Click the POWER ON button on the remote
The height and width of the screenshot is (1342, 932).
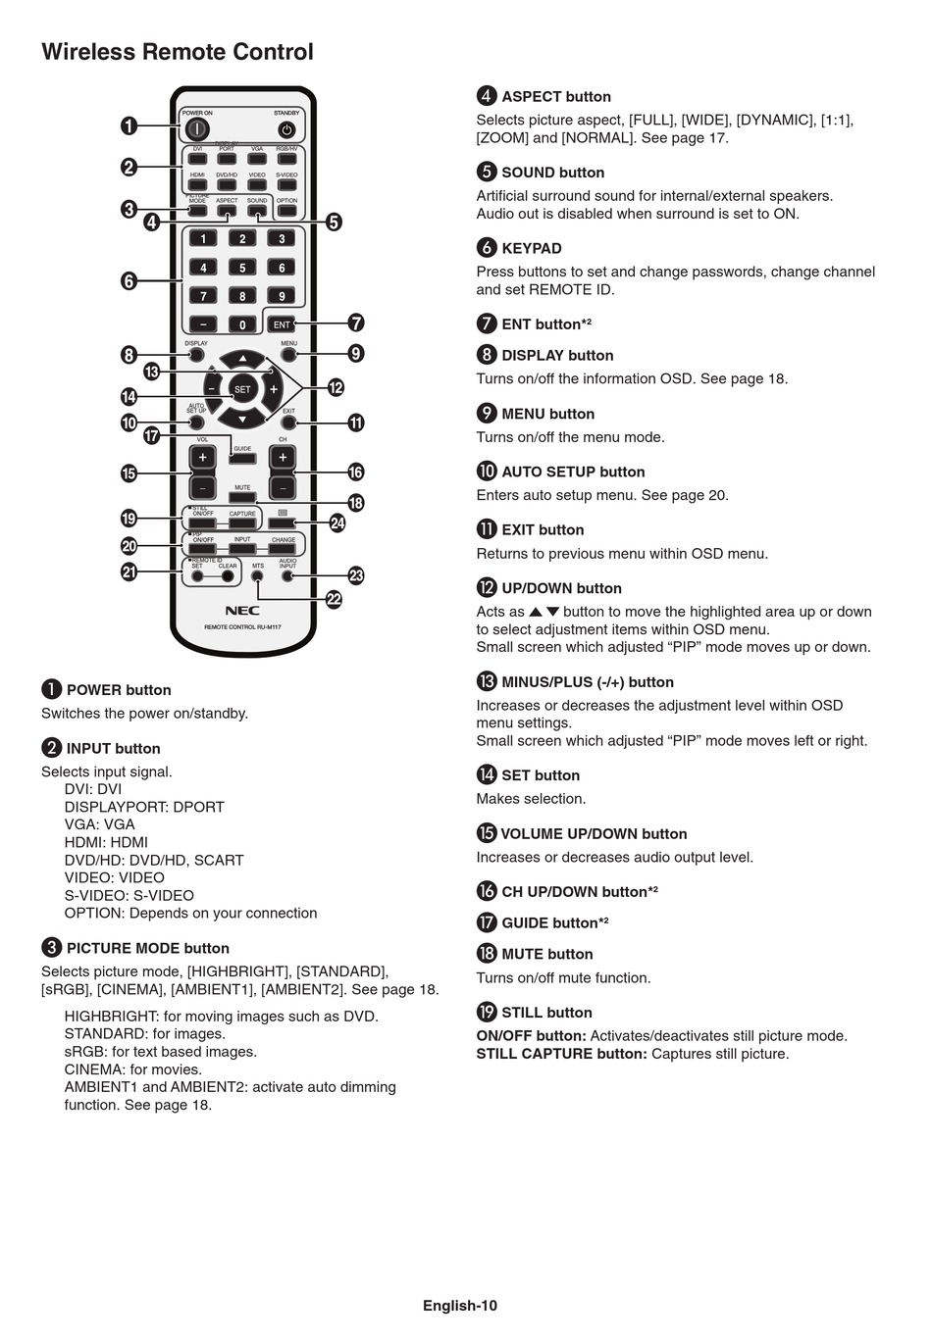pyautogui.click(x=196, y=128)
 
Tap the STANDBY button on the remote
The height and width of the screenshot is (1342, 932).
pyautogui.click(x=286, y=129)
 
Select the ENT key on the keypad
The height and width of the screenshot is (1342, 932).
pyautogui.click(x=282, y=324)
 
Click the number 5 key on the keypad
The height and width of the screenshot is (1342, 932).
pyautogui.click(x=242, y=268)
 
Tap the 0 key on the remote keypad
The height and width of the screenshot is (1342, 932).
pyautogui.click(x=242, y=324)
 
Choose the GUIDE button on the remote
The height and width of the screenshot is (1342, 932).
pyautogui.click(x=242, y=458)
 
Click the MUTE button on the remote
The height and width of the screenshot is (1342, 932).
pyautogui.click(x=242, y=497)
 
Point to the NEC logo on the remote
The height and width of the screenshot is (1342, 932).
pyautogui.click(x=242, y=611)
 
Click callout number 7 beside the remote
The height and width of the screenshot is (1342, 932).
pyautogui.click(x=356, y=323)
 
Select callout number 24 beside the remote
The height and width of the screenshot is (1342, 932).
pyautogui.click(x=337, y=523)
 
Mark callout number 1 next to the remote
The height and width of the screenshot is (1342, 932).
pyautogui.click(x=129, y=125)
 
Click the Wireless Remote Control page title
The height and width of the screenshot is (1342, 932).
pyautogui.click(x=178, y=52)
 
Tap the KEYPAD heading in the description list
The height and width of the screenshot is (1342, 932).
pyautogui.click(x=531, y=248)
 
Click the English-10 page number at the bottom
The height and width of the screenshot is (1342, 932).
pyautogui.click(x=460, y=1305)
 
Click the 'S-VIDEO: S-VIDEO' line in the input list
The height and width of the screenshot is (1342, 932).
pyautogui.click(x=129, y=895)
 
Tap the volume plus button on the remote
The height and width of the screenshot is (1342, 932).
pyautogui.click(x=203, y=458)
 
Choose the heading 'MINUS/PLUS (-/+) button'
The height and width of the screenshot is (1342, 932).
pyautogui.click(x=587, y=682)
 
